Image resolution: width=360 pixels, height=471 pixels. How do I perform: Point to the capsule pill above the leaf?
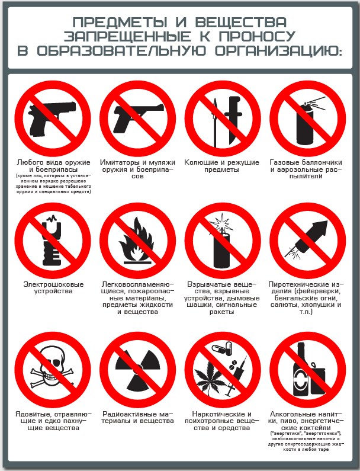point(222,348)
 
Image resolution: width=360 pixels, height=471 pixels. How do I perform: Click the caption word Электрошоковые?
point(53,284)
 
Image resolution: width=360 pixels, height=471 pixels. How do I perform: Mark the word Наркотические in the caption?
point(216,414)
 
